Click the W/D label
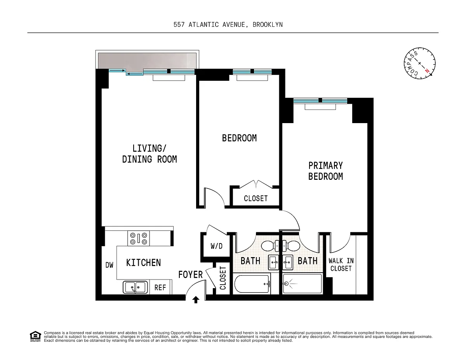(x=217, y=246)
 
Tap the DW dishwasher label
(x=110, y=265)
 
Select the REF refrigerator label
(x=160, y=287)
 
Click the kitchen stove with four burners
(x=139, y=238)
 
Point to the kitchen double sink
(x=135, y=287)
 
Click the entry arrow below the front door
(x=196, y=300)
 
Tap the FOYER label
(x=190, y=275)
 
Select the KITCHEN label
(x=143, y=263)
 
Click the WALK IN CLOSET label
(x=341, y=264)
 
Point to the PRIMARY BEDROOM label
(x=325, y=171)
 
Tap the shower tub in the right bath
(x=303, y=283)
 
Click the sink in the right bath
(x=288, y=263)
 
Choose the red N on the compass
(x=427, y=71)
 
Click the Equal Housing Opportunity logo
(x=35, y=336)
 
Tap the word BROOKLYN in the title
(x=268, y=25)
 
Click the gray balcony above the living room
(x=147, y=61)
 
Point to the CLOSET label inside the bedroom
(x=256, y=198)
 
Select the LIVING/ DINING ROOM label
(x=150, y=154)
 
